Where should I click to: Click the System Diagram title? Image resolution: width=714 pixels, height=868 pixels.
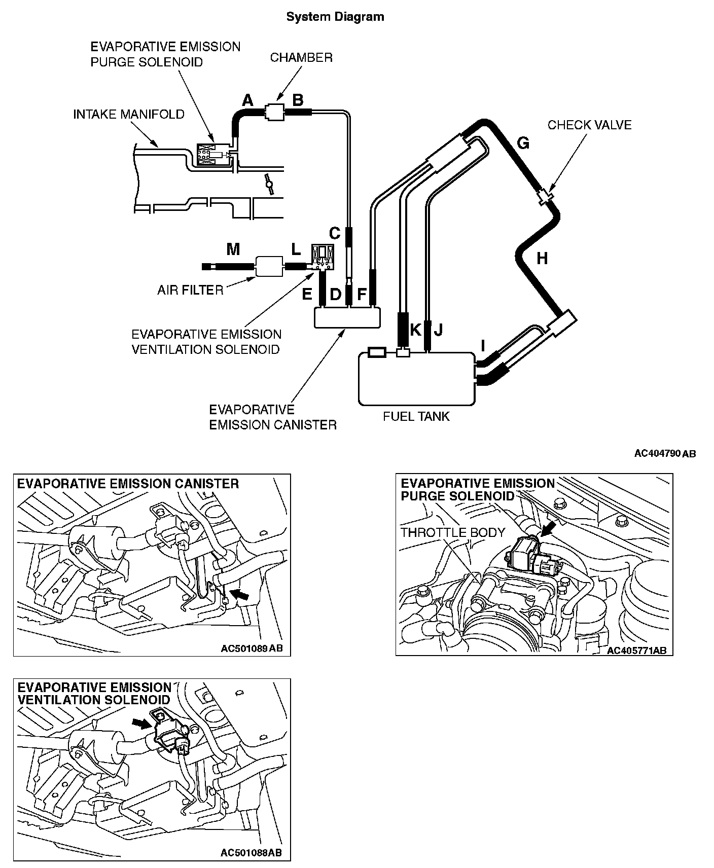335,17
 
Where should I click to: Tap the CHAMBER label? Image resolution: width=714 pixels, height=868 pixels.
301,57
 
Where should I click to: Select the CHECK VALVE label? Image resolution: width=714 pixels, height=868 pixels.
589,125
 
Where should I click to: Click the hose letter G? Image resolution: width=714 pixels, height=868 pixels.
523,143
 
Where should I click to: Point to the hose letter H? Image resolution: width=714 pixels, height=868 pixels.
542,259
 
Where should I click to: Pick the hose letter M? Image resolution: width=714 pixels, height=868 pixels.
233,249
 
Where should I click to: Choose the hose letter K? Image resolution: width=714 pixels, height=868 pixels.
415,330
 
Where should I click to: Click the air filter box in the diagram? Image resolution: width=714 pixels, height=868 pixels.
269,266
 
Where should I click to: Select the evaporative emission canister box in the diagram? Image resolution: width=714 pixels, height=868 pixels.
347,317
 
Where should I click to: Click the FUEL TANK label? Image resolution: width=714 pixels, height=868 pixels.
416,416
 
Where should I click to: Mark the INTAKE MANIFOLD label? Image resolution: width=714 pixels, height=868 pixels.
129,114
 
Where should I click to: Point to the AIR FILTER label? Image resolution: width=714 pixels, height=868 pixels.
190,290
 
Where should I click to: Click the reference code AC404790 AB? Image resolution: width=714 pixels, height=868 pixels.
665,453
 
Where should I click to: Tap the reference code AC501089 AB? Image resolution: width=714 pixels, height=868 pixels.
252,648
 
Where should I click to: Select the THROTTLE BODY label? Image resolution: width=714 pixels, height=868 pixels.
453,532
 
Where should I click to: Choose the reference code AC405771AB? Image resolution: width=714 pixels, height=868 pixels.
636,650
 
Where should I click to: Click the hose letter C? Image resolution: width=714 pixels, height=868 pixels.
334,233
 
